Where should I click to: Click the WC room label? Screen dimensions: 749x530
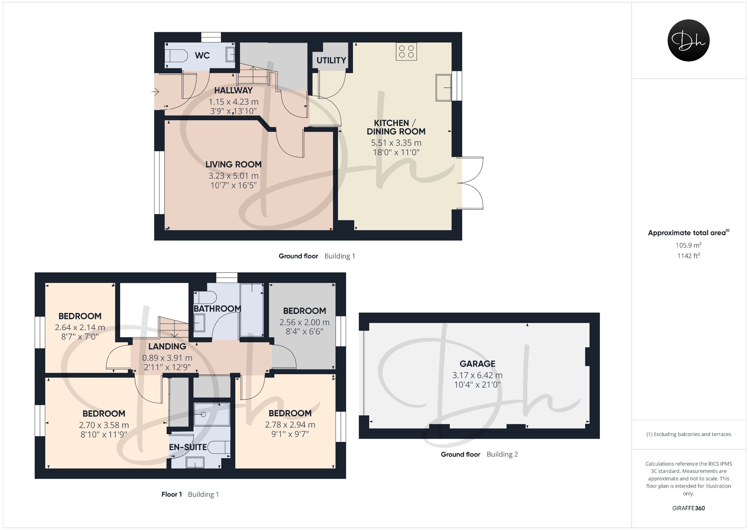click(x=202, y=56)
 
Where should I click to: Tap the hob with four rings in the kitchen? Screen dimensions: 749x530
click(x=406, y=52)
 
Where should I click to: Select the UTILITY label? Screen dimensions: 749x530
click(x=331, y=60)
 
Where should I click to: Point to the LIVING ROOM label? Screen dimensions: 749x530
click(x=233, y=165)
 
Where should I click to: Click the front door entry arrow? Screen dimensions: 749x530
click(x=155, y=92)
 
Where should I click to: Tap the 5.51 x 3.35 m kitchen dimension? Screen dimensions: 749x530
click(x=396, y=143)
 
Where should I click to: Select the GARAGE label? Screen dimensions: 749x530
click(x=477, y=364)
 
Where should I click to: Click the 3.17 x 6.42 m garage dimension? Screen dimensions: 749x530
click(x=477, y=375)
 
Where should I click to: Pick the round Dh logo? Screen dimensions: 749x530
click(x=689, y=41)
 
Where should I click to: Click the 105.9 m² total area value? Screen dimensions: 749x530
click(x=689, y=245)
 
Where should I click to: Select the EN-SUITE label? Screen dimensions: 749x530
click(x=188, y=447)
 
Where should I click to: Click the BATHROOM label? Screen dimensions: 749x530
click(x=217, y=309)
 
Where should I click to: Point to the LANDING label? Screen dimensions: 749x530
click(x=167, y=346)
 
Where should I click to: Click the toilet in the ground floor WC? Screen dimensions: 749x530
click(x=176, y=56)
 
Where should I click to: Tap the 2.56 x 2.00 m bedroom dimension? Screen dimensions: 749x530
click(x=304, y=322)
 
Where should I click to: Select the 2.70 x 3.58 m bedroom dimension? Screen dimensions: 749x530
click(x=104, y=425)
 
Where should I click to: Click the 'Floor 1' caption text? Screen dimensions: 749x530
click(x=172, y=494)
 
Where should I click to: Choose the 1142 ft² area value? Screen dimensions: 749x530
click(x=689, y=256)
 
